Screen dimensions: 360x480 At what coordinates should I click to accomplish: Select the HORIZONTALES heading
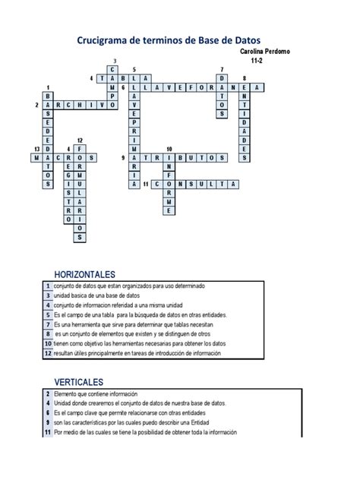(84, 273)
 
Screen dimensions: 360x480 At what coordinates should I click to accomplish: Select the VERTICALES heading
(78, 381)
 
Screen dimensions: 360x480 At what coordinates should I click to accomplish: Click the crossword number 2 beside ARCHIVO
(36, 106)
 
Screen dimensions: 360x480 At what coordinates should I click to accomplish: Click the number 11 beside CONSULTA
(144, 185)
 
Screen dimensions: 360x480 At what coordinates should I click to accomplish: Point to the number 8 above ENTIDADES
(244, 78)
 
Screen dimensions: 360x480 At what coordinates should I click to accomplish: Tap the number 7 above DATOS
(221, 69)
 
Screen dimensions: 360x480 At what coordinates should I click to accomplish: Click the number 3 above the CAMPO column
(115, 60)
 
